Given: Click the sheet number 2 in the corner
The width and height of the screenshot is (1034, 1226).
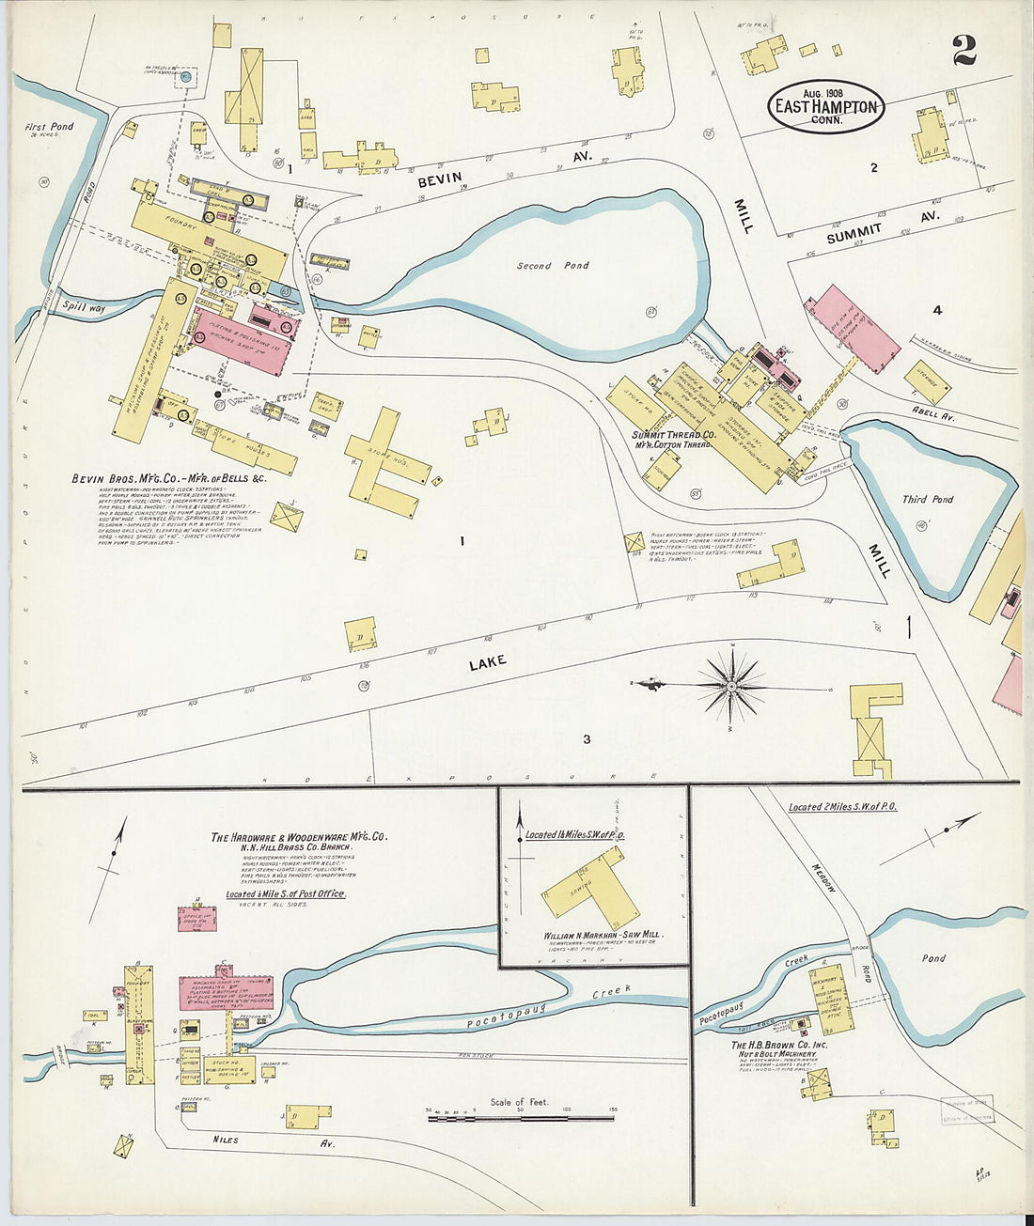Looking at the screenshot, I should point(963,50).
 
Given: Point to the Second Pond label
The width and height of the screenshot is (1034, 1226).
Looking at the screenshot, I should point(553,266).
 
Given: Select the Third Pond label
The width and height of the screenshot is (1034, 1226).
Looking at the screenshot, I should point(927,499).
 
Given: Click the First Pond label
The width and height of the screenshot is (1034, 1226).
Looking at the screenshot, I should point(49,127).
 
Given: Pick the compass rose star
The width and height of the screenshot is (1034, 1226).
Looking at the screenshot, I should point(732,686).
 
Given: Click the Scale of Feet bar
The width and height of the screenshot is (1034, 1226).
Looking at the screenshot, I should point(520,1117).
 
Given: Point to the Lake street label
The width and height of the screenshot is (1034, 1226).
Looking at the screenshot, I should point(487,662).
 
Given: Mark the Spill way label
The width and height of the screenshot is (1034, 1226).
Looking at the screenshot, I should point(84,305).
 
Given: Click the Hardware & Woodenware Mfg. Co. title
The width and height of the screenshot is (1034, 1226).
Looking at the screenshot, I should point(298,836).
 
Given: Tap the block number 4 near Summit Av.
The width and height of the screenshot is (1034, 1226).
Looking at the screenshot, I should point(936,310).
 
